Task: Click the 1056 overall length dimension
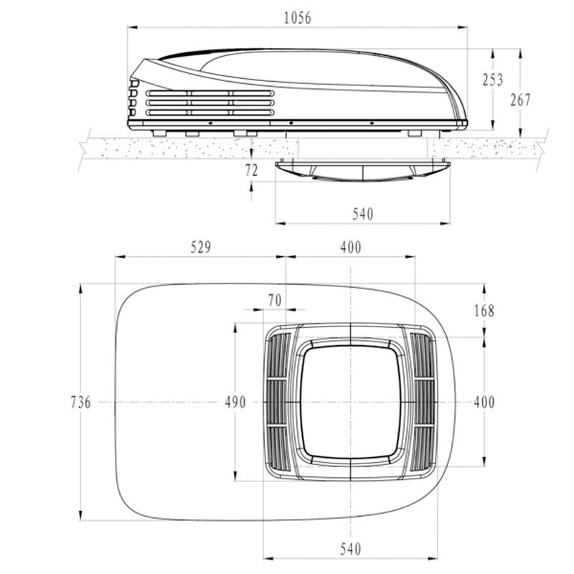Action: click(x=298, y=18)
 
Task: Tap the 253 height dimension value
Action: click(x=493, y=80)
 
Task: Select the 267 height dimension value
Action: click(x=521, y=100)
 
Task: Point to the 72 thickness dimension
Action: click(x=252, y=170)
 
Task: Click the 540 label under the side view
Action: click(x=363, y=214)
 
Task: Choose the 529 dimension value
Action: click(x=201, y=248)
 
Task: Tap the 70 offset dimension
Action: click(x=275, y=300)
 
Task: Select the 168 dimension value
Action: click(x=484, y=311)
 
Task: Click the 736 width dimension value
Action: click(x=80, y=403)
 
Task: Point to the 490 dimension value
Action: click(x=235, y=403)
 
